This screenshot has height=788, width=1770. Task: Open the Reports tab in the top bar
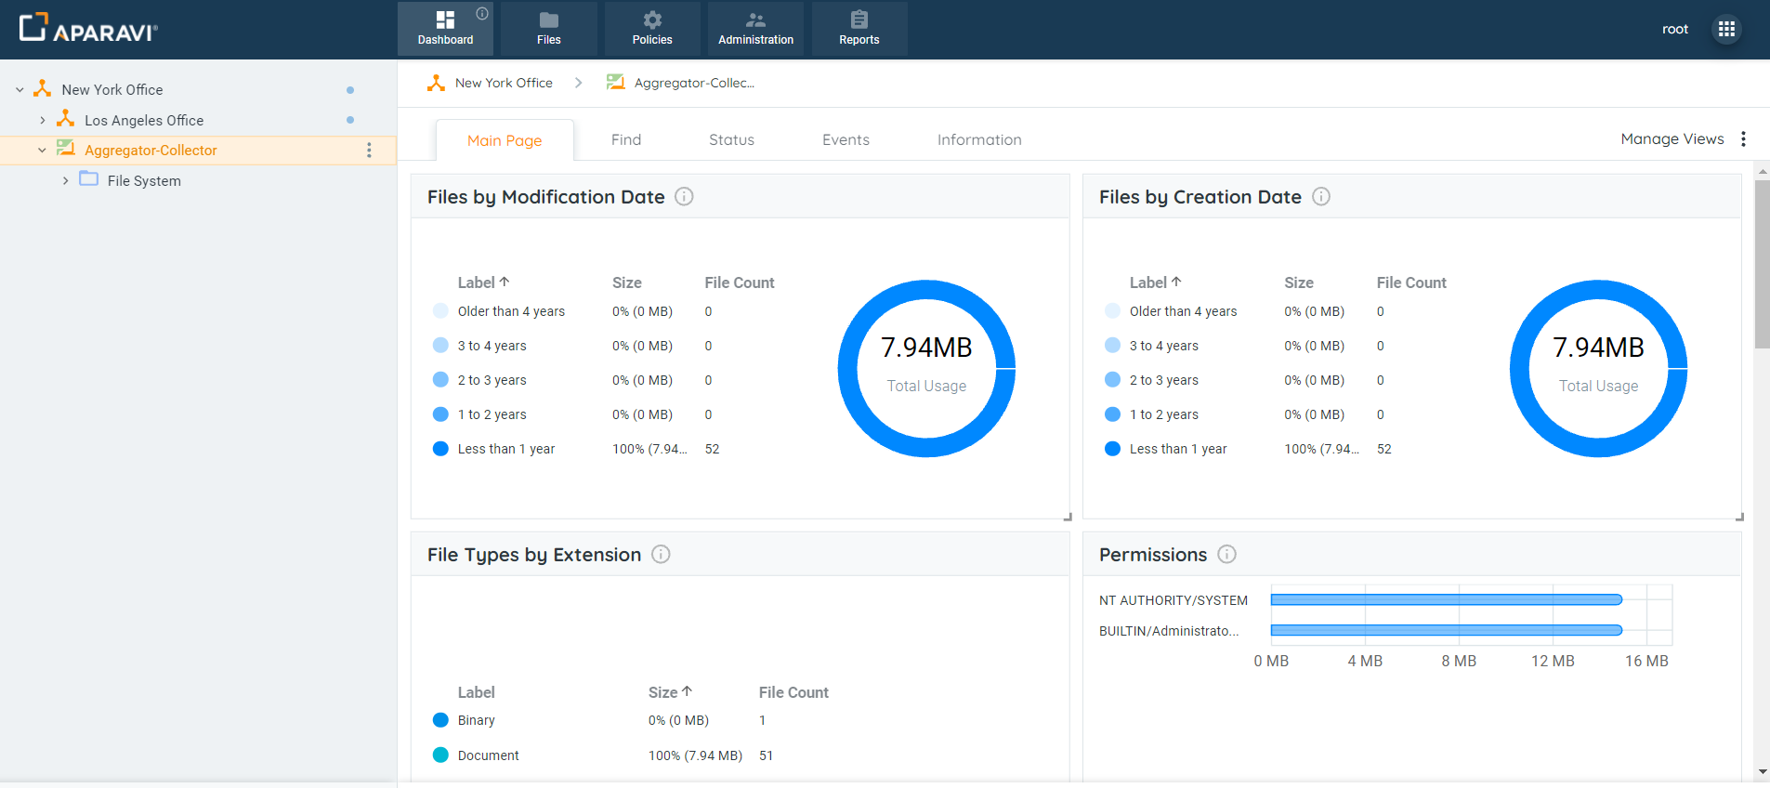point(859,29)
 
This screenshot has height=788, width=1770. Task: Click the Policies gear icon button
point(652,29)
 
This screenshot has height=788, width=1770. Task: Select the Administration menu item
point(755,29)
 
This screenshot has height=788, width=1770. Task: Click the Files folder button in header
point(548,29)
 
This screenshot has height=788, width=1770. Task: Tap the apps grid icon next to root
point(1726,29)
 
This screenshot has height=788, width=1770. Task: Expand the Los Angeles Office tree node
point(43,121)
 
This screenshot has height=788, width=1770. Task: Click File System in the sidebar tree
point(144,181)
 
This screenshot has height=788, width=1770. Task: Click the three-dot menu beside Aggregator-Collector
point(369,151)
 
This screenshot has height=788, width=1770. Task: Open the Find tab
point(626,140)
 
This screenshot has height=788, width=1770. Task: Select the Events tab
point(846,140)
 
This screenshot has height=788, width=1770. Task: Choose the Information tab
point(979,140)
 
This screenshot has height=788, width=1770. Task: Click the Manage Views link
point(1672,139)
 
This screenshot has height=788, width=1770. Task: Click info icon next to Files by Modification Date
point(684,197)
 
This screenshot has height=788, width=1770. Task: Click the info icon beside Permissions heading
point(1226,555)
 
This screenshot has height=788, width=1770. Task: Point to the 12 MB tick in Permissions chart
point(1553,661)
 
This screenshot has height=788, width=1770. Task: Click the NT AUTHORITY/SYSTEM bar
point(1446,600)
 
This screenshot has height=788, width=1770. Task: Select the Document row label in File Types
point(488,755)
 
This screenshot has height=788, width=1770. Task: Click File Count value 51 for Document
point(766,755)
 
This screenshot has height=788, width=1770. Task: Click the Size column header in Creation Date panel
point(1298,282)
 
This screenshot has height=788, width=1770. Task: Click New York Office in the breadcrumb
point(504,84)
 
